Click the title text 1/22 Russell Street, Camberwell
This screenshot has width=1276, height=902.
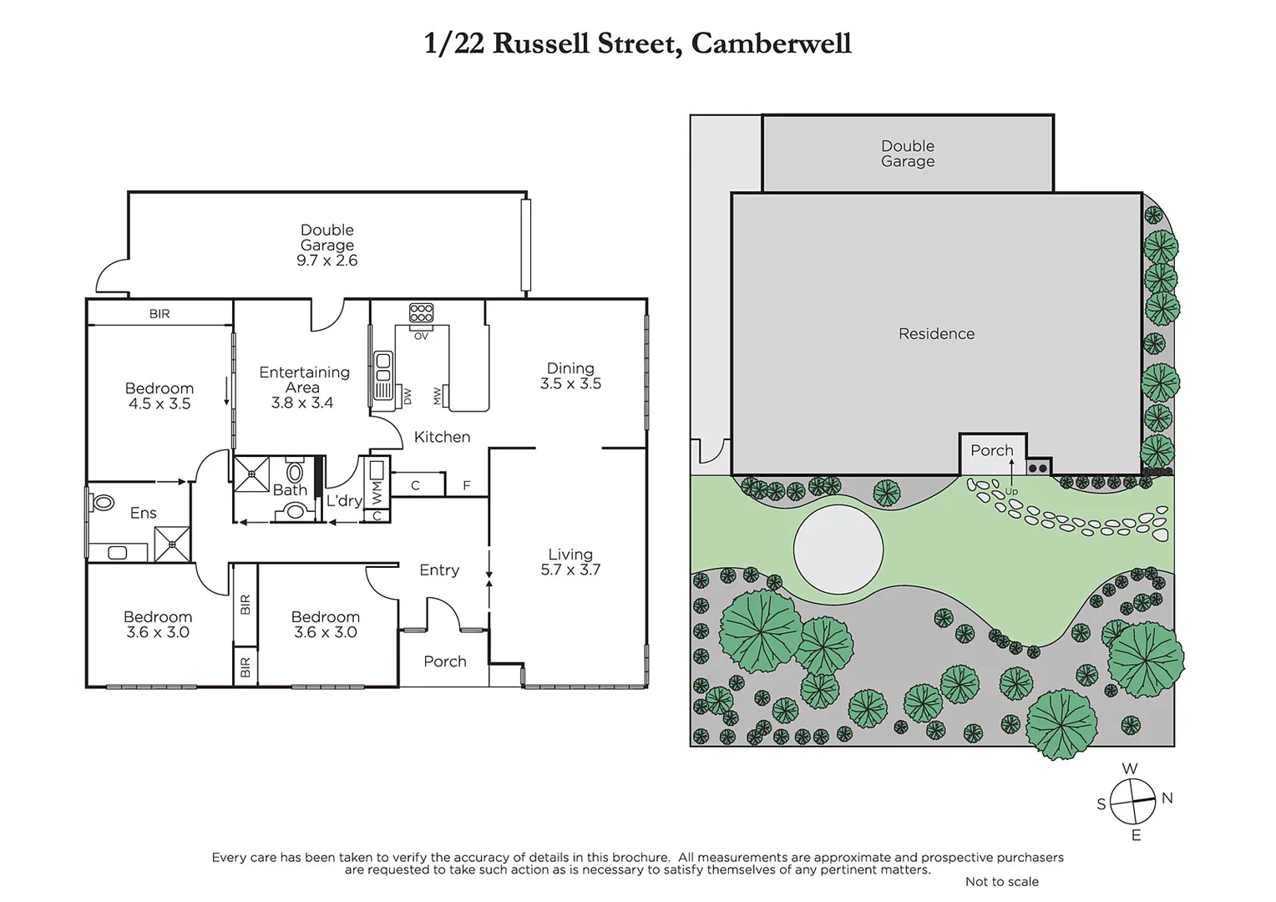tap(637, 43)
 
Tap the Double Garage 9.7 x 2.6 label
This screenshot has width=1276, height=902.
tap(327, 245)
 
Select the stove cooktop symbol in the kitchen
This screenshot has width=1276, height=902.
tap(421, 313)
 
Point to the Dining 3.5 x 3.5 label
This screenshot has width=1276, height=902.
tap(570, 376)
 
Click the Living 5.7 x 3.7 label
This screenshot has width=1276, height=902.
tap(570, 562)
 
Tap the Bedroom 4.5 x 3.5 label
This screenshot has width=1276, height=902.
tap(159, 396)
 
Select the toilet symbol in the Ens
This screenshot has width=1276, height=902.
tap(104, 502)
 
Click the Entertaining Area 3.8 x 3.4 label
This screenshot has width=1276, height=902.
tap(303, 387)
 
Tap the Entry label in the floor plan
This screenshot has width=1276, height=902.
tap(439, 570)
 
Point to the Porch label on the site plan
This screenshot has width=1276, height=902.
tap(991, 450)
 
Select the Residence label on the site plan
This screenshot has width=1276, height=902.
tap(936, 334)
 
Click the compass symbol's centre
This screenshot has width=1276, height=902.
tap(1132, 801)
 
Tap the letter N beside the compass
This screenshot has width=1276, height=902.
tap(1167, 798)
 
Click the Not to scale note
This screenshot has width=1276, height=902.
tap(1001, 882)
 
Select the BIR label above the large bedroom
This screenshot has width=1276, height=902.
tap(159, 314)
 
